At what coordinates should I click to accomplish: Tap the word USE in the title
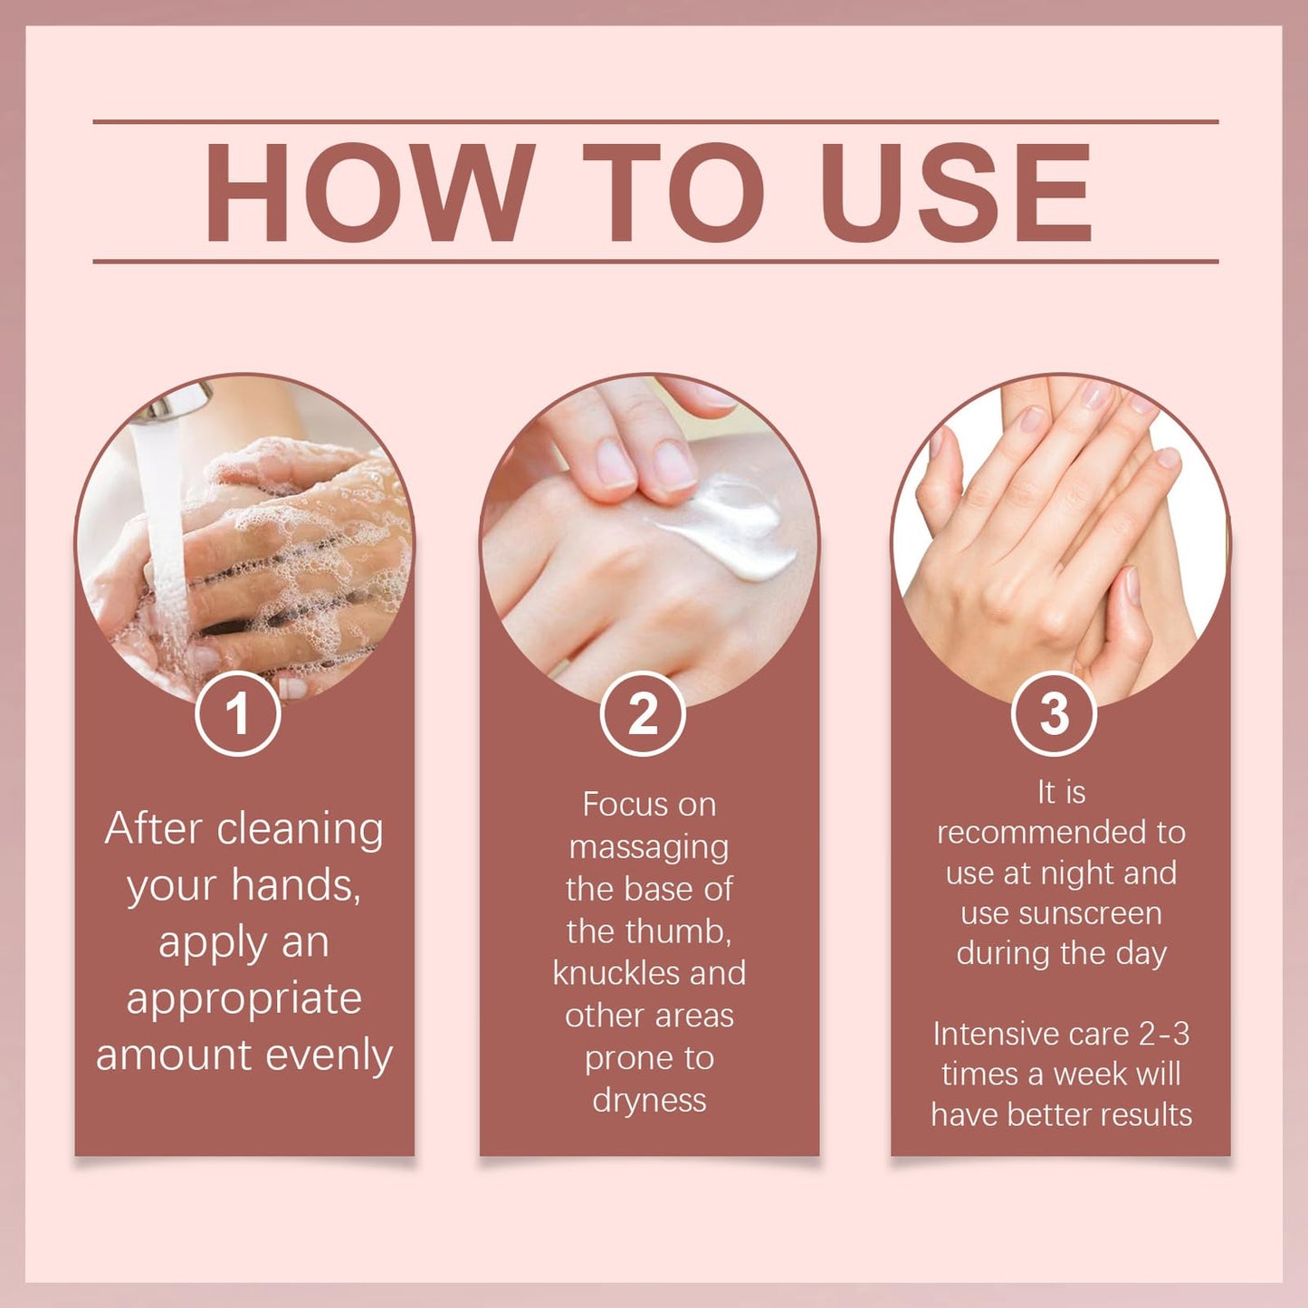960,192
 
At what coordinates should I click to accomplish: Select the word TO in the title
673,192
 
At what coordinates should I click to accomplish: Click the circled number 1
237,713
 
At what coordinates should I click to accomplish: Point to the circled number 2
643,713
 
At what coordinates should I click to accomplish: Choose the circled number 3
1054,713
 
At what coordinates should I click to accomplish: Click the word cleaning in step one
300,830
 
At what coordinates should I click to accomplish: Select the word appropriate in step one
243,1000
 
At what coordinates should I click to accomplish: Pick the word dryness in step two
649,1101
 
